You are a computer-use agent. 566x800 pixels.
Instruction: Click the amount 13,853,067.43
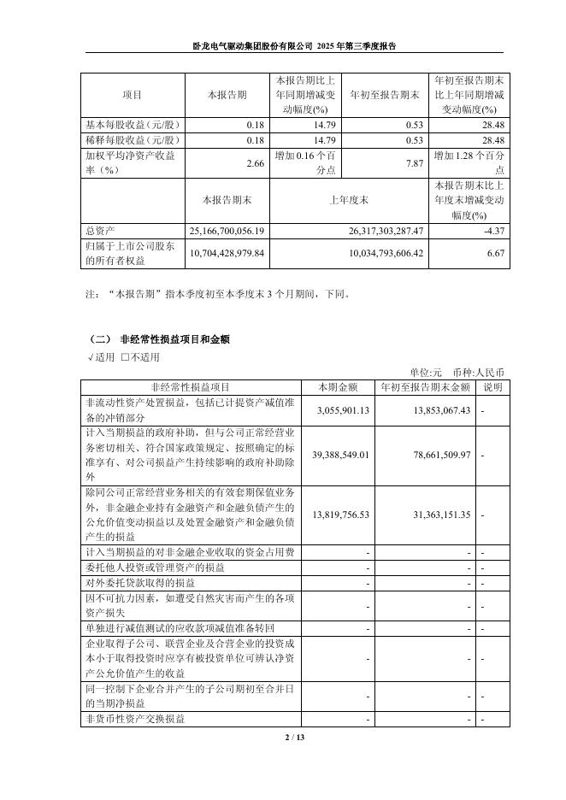point(436,411)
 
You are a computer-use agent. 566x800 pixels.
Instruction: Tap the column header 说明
point(493,386)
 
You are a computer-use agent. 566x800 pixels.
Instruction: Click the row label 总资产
point(98,231)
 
